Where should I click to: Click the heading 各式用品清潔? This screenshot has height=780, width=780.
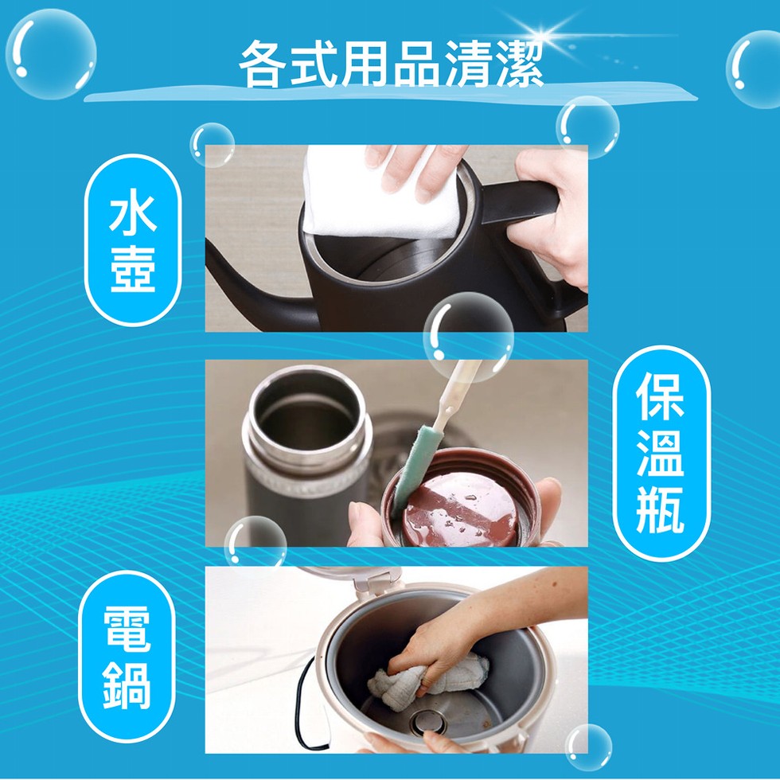pyautogui.click(x=391, y=64)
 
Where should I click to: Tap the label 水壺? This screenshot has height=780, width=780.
pyautogui.click(x=133, y=242)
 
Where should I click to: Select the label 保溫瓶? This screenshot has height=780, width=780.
pyautogui.click(x=660, y=453)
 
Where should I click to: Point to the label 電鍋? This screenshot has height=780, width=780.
pyautogui.click(x=127, y=657)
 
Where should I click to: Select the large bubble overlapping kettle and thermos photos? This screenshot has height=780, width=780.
pyautogui.click(x=468, y=337)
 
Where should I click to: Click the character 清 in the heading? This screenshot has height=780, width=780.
pyautogui.click(x=468, y=64)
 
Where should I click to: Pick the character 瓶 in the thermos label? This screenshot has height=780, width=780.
pyautogui.click(x=660, y=509)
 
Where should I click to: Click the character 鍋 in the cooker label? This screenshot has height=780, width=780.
pyautogui.click(x=127, y=685)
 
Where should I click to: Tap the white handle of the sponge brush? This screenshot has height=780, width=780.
pyautogui.click(x=455, y=393)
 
